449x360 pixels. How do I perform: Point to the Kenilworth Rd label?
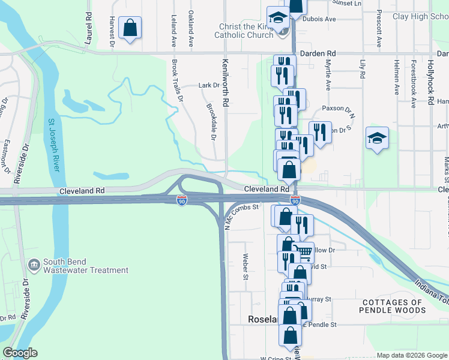pyautogui.click(x=226, y=83)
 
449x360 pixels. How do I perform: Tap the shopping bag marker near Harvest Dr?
pyautogui.click(x=130, y=28)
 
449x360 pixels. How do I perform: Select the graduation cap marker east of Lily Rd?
pyautogui.click(x=377, y=139)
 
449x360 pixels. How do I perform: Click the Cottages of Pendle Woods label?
pyautogui.click(x=393, y=306)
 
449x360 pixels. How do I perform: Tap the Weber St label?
pyautogui.click(x=245, y=267)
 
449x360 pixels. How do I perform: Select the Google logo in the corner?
pyautogui.click(x=20, y=353)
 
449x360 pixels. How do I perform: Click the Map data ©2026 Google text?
pyautogui.click(x=412, y=355)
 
